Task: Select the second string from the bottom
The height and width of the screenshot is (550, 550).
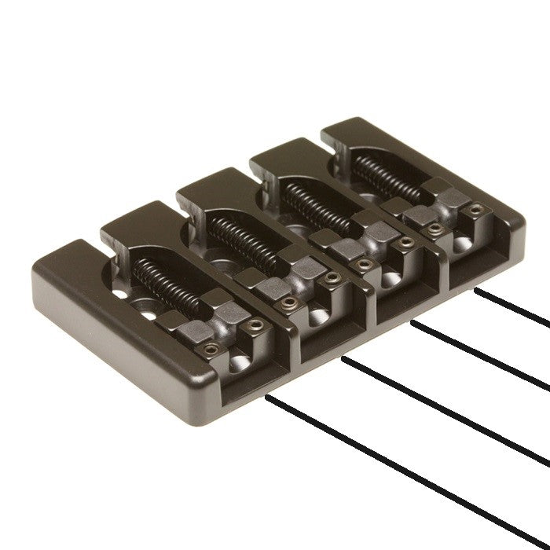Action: tap(448, 416)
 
